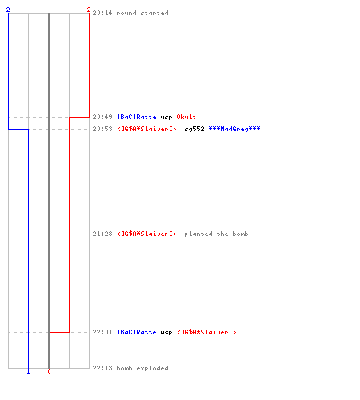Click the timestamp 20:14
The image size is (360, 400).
pyautogui.click(x=102, y=13)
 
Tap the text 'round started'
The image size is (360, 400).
pyautogui.click(x=142, y=13)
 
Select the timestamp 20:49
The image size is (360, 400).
pyautogui.click(x=102, y=117)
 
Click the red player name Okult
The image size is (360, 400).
pyautogui.click(x=186, y=117)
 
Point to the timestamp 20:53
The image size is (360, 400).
pyautogui.click(x=102, y=129)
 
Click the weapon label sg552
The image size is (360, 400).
pyautogui.click(x=194, y=129)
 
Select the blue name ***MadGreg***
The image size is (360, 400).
pyautogui.click(x=234, y=129)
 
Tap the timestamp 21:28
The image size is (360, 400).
pyautogui.click(x=102, y=234)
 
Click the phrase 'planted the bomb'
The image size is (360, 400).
pyautogui.click(x=216, y=234)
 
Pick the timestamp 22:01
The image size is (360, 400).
pyautogui.click(x=102, y=332)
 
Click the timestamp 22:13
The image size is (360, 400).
pyautogui.click(x=102, y=368)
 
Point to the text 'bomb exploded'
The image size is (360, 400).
pyautogui.click(x=142, y=368)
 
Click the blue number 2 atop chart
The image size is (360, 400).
pyautogui.click(x=8, y=10)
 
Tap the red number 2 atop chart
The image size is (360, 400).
pyautogui.click(x=89, y=10)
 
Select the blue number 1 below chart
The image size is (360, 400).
pyautogui.click(x=28, y=371)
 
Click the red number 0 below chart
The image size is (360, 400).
pyautogui.click(x=49, y=371)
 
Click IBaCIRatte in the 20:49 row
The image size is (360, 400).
pyautogui.click(x=137, y=117)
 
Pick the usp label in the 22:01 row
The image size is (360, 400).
pyautogui.click(x=166, y=333)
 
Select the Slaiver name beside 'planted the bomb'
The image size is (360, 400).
pyautogui.click(x=147, y=234)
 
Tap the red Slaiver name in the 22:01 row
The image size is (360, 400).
pyautogui.click(x=207, y=332)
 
